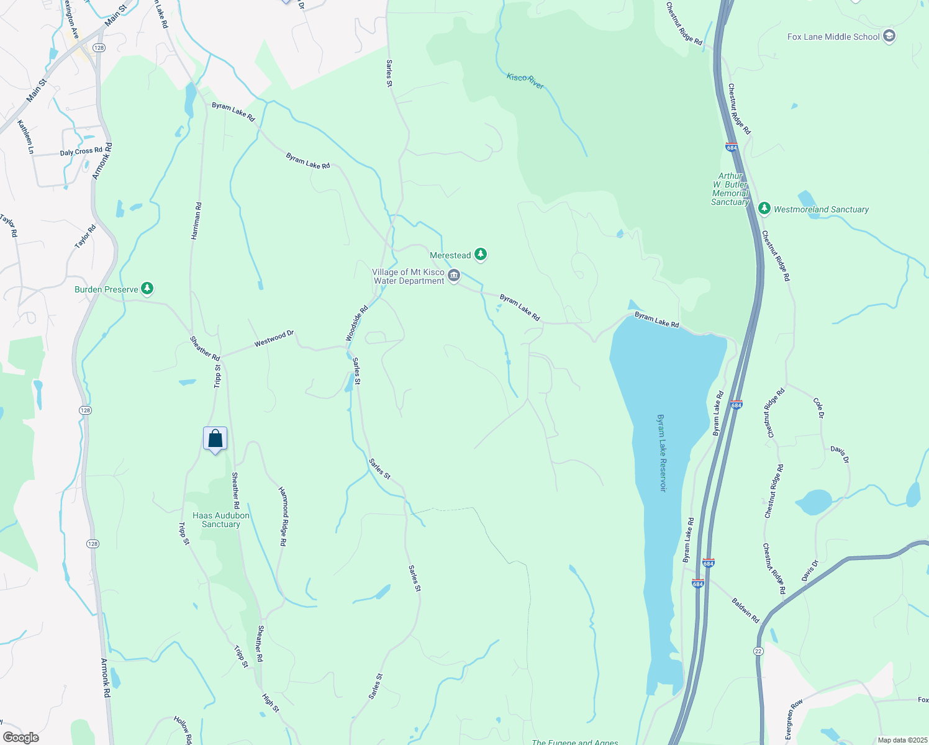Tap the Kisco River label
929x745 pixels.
525,81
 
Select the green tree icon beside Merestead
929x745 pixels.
481,254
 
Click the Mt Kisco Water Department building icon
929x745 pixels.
454,276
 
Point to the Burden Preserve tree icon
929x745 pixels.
147,289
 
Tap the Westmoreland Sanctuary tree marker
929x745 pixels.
764,209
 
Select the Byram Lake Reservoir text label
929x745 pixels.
663,453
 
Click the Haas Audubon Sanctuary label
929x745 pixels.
220,520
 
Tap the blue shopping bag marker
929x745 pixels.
215,439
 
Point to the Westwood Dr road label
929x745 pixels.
274,339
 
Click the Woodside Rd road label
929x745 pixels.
356,322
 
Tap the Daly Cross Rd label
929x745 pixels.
81,151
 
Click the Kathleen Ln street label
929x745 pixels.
25,137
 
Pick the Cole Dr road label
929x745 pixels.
818,407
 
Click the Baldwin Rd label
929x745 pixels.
745,610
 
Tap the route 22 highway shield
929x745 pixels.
758,651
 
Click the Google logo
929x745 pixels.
20,738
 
